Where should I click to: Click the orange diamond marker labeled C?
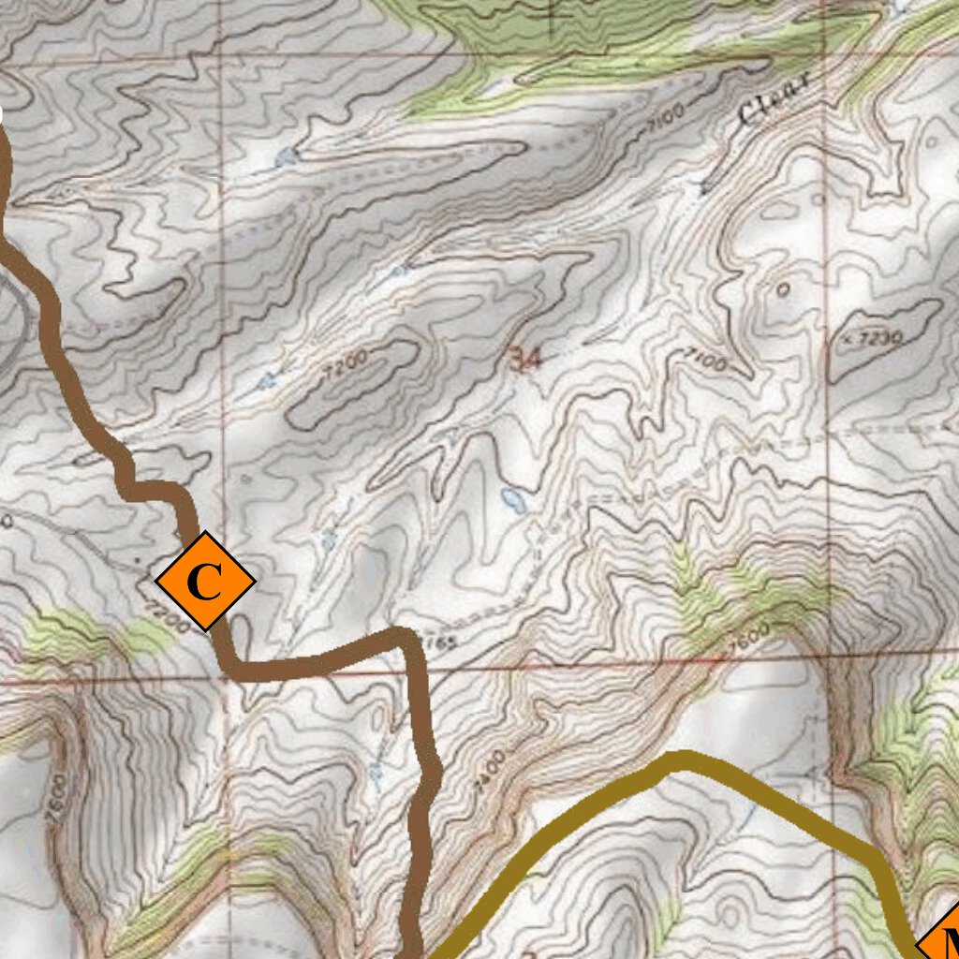[x=204, y=581]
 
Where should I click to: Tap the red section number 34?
[x=526, y=357]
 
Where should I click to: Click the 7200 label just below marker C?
[x=170, y=620]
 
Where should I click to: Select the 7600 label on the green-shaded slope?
[x=748, y=640]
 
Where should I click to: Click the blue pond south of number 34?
[x=512, y=496]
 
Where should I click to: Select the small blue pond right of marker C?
[x=328, y=539]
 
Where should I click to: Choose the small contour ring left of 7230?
[x=782, y=290]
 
